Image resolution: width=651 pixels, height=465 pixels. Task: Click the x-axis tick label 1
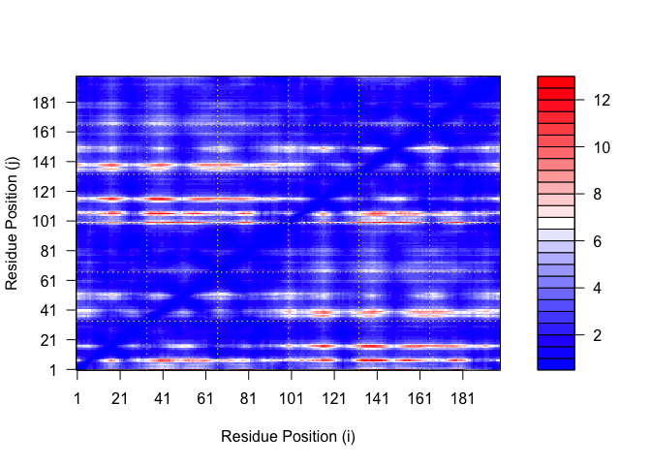[x=77, y=399]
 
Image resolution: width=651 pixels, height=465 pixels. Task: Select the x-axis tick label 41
[x=163, y=399]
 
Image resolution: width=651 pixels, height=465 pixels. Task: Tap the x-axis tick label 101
[x=291, y=399]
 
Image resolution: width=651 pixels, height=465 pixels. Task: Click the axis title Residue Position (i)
[x=289, y=436]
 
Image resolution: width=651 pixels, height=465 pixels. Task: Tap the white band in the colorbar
[x=556, y=223]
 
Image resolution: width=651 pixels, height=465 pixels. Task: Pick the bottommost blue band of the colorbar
[x=556, y=363]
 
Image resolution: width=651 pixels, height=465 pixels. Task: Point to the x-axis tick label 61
[x=205, y=399]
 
